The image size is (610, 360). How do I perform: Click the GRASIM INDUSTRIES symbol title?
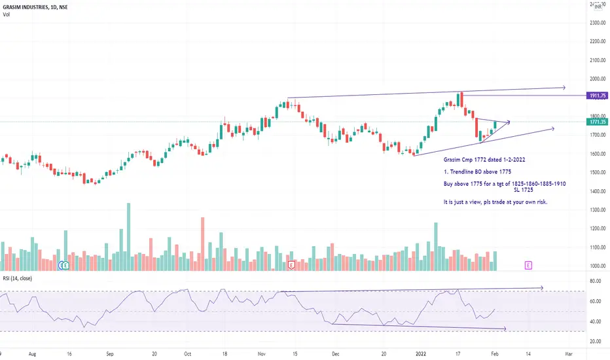coord(35,6)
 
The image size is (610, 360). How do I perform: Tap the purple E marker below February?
coord(528,265)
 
